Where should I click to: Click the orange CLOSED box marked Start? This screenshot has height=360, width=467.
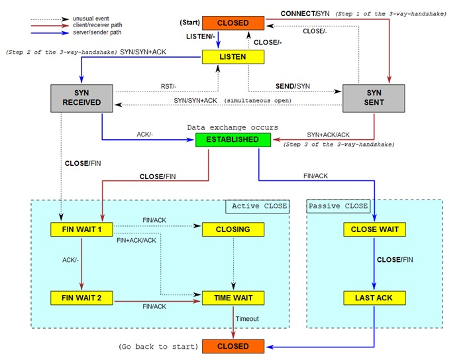233,23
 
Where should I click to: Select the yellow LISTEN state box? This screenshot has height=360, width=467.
233,56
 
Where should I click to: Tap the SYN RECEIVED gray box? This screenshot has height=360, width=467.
81,98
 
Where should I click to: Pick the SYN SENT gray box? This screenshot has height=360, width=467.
374,98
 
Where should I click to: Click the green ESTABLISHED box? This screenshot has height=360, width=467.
233,140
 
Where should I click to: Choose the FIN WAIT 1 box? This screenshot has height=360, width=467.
81,229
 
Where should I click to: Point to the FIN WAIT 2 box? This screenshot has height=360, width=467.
81,298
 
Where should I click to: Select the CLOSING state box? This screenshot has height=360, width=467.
233,229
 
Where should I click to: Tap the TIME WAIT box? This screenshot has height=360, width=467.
233,298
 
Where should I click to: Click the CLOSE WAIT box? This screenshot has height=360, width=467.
374,229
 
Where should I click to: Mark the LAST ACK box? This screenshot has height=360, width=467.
374,298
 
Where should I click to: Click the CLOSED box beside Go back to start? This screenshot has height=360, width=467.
233,346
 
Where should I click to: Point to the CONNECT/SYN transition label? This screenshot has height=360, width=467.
305,13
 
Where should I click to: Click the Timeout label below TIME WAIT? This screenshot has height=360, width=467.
247,319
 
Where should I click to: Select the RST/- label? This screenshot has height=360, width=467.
168,86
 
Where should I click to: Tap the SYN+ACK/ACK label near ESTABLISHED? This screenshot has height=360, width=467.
328,135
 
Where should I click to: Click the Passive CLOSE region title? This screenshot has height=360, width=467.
338,206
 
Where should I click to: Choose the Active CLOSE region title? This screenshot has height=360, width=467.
260,206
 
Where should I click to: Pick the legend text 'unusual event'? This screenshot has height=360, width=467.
91,19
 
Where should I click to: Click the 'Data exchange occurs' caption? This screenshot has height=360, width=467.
233,127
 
